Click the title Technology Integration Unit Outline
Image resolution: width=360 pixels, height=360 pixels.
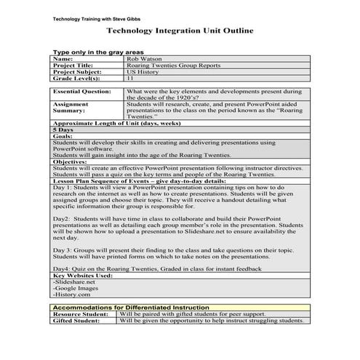pyautogui.click(x=180, y=31)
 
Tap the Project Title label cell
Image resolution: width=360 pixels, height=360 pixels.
pyautogui.click(x=74, y=65)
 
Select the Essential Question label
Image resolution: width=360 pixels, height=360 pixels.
pyautogui.click(x=82, y=92)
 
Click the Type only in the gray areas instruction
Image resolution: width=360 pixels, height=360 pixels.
pyautogui.click(x=98, y=52)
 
